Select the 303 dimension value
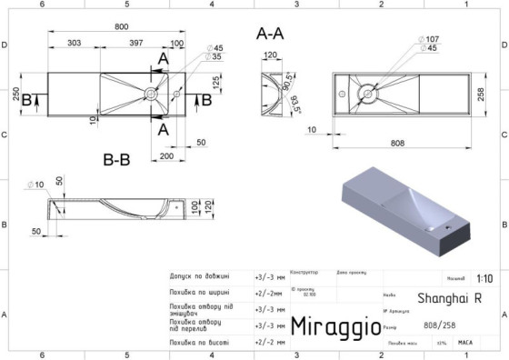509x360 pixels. [75, 42]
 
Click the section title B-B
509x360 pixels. [116, 159]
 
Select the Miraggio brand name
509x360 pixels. [330, 326]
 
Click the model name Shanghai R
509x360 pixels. [449, 298]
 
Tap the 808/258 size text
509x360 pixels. [441, 325]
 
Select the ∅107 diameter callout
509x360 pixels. [430, 38]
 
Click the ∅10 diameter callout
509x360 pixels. [36, 184]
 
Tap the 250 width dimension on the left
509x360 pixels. [16, 95]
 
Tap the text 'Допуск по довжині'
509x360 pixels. [199, 277]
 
